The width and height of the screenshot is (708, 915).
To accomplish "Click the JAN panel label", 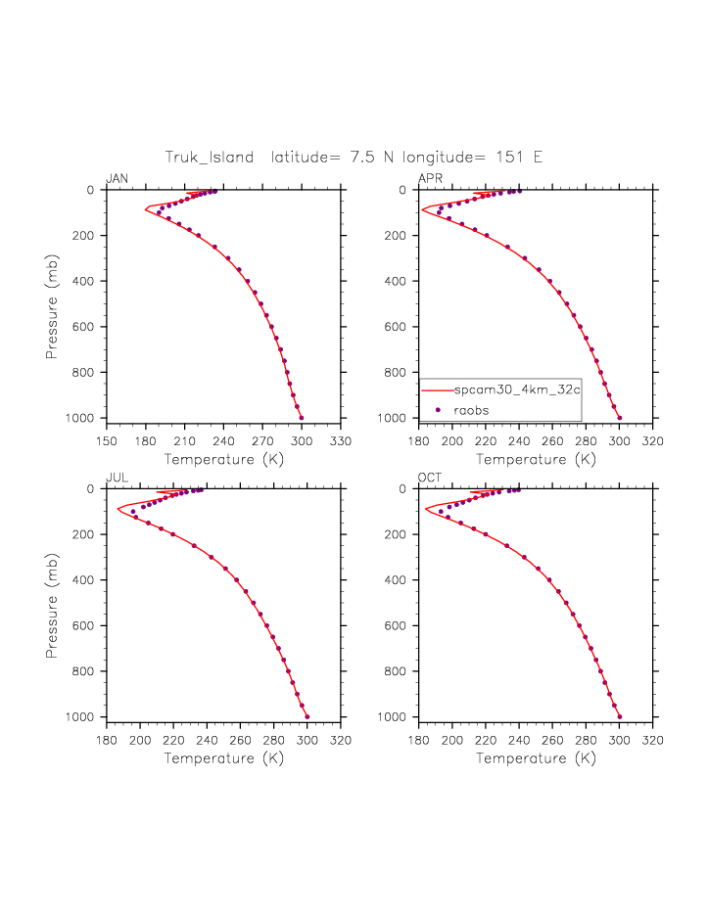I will (x=117, y=178).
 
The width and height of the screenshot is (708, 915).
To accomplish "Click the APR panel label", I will (x=430, y=178).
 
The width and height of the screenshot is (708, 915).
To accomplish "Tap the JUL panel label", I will (x=117, y=478).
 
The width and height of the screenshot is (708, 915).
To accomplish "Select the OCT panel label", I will (x=430, y=478).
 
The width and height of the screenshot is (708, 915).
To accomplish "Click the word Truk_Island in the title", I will (x=210, y=157).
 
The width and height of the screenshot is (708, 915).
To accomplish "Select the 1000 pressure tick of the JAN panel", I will (x=86, y=419).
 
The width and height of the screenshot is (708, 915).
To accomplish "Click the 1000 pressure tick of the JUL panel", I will (x=86, y=717).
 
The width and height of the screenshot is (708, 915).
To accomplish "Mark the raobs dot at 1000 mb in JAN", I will (x=301, y=418).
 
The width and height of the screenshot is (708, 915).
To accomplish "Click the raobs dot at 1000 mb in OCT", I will (x=619, y=716).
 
